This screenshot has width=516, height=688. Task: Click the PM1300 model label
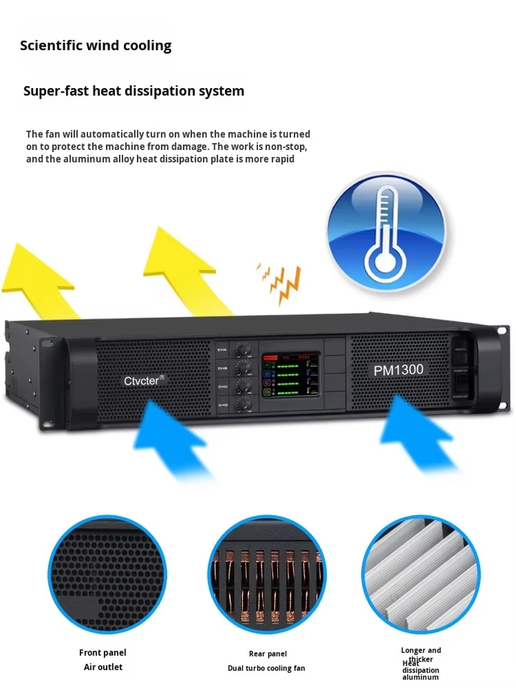[x=398, y=370]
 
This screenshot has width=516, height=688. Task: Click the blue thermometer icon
[x=386, y=231]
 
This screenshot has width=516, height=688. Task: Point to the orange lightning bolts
[x=280, y=282]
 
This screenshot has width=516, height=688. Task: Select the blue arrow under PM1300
[x=416, y=437]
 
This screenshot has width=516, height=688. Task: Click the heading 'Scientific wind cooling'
[x=95, y=46]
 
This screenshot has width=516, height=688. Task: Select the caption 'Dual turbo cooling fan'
[x=266, y=668]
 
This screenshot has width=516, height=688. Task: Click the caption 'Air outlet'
[x=103, y=667]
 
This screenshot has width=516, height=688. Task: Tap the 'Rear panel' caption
[x=267, y=654]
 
